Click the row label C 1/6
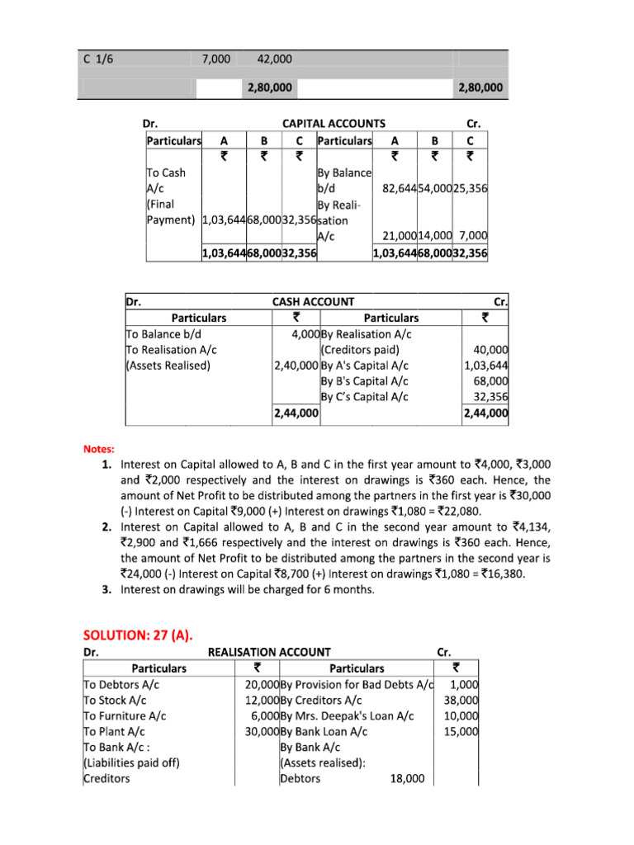[x=97, y=59]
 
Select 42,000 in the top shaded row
[x=274, y=59]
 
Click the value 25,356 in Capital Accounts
[x=470, y=189]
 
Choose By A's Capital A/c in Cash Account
[x=364, y=366]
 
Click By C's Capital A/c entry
[x=364, y=396]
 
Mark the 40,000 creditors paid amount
[x=491, y=350]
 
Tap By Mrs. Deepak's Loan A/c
[x=347, y=715]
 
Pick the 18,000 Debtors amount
[x=406, y=778]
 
